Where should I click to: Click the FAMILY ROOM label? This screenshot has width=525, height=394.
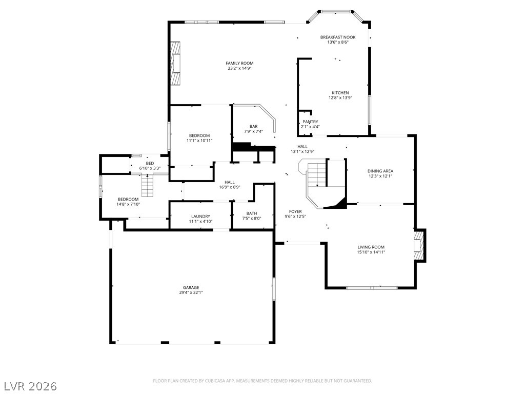239,63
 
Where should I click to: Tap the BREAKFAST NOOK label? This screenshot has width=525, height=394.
338,37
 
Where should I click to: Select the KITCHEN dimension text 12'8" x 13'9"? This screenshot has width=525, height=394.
340,98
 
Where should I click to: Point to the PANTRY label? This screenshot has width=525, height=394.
310,122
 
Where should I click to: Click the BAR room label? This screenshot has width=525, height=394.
253,126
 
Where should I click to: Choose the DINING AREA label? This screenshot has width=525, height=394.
380,171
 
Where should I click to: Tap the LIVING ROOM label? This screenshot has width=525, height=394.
371,247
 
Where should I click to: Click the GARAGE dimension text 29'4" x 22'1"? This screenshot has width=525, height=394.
191,292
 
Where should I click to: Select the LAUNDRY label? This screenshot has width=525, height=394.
200,216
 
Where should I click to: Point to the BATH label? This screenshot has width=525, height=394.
252,213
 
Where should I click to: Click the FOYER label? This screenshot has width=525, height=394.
295,211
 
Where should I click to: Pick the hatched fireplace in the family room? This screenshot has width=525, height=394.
175,63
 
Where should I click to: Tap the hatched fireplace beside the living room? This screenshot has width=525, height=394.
419,246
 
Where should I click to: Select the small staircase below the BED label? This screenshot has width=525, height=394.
147,186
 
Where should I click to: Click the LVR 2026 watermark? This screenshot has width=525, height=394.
29,386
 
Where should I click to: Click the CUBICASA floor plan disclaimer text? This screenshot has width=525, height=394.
262,381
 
